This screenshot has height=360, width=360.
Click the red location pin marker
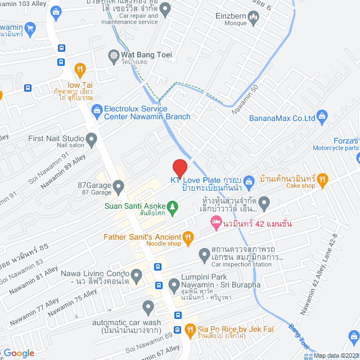(179, 168)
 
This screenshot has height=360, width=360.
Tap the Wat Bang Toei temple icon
(114, 55)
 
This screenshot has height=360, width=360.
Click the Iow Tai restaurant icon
(79, 70)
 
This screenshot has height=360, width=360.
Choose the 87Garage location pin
(118, 185)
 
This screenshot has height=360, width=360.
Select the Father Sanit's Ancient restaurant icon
(188, 237)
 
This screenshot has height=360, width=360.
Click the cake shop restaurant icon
(322, 179)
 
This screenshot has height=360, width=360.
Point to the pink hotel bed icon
(215, 224)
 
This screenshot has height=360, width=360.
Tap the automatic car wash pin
(148, 307)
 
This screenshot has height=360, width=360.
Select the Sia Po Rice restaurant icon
(190, 329)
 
